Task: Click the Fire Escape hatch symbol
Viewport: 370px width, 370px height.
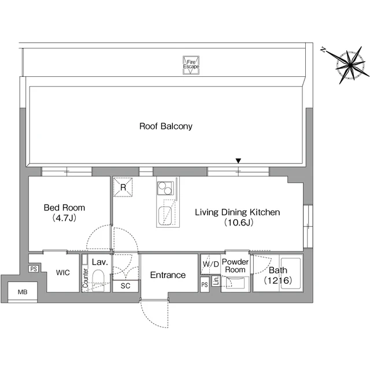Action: pyautogui.click(x=191, y=65)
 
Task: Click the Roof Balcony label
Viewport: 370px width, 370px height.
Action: pyautogui.click(x=166, y=126)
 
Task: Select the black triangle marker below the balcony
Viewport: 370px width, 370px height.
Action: pyautogui.click(x=238, y=161)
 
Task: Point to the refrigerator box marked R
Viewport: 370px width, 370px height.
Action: pyautogui.click(x=123, y=187)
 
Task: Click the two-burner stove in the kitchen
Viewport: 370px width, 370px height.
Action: pyautogui.click(x=165, y=188)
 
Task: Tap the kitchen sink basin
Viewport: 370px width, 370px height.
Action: pyautogui.click(x=165, y=216)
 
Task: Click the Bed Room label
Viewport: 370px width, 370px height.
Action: pyautogui.click(x=64, y=212)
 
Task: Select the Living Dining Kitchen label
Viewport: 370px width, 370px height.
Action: pyautogui.click(x=238, y=217)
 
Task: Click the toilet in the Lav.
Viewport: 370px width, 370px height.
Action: pyautogui.click(x=98, y=280)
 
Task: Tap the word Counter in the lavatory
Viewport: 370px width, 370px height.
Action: pyautogui.click(x=85, y=278)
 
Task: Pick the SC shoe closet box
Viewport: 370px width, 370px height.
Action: pyautogui.click(x=125, y=286)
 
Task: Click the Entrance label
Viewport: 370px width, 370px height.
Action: pyautogui.click(x=168, y=275)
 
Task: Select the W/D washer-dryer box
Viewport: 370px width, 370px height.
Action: pyautogui.click(x=210, y=264)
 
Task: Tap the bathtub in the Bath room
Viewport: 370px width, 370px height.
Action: pyautogui.click(x=290, y=273)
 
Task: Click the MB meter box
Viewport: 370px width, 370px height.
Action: pyautogui.click(x=23, y=291)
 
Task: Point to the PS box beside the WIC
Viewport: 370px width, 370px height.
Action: pyautogui.click(x=34, y=269)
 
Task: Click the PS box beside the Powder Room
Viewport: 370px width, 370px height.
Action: pyautogui.click(x=205, y=284)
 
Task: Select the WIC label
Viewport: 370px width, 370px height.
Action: pyautogui.click(x=63, y=273)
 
